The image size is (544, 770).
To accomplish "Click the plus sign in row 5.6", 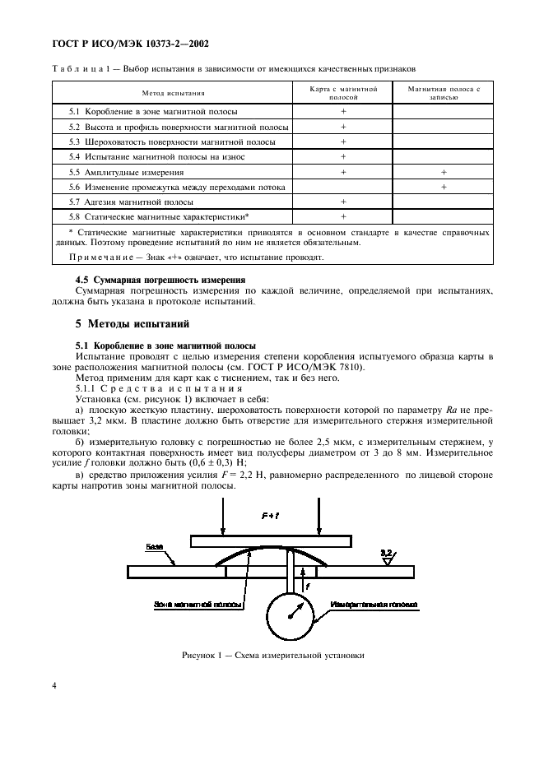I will click(443, 188).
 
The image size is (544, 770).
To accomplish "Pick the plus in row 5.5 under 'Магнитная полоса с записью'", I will click(443, 173).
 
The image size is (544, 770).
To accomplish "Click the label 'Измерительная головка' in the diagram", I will click(375, 605).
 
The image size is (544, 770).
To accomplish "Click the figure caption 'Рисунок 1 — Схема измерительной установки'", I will click(272, 656).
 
